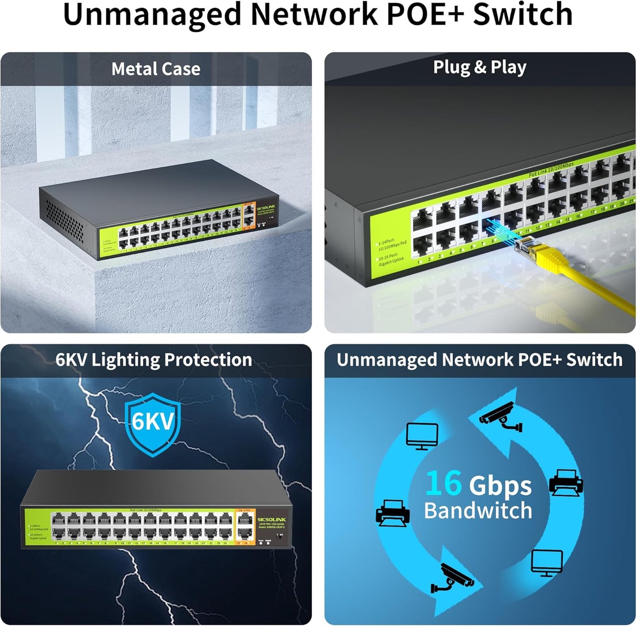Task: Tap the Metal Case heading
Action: point(156,69)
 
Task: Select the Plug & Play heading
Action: point(480,67)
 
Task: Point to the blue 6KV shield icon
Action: point(153,424)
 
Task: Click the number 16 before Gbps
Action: point(443,483)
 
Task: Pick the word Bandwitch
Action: point(478,510)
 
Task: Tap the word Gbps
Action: point(500,485)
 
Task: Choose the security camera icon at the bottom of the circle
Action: point(452,578)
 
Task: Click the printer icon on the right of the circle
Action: point(566,482)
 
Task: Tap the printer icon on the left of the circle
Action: point(392,513)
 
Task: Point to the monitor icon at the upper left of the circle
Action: point(422,436)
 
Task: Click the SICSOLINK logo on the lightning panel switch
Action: point(272,520)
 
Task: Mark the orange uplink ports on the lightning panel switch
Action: point(245,527)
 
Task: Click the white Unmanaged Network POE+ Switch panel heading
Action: point(480,360)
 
